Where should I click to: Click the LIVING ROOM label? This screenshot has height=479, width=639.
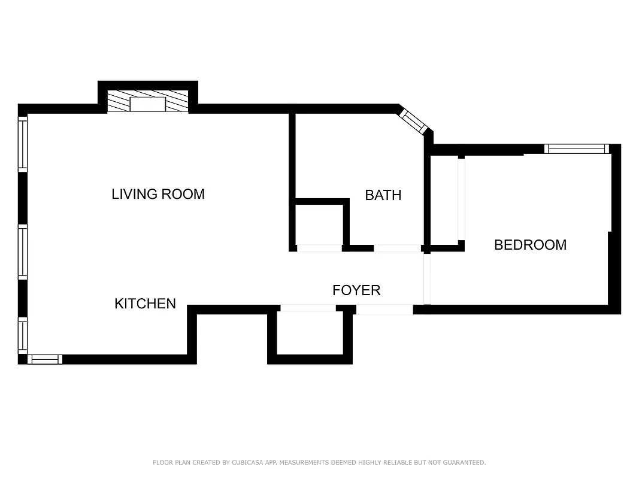[158, 194]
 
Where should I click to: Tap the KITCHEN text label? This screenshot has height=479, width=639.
[145, 304]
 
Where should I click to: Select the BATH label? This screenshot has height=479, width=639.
[383, 195]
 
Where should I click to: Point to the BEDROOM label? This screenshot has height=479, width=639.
[530, 244]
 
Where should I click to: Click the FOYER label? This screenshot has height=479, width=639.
[356, 290]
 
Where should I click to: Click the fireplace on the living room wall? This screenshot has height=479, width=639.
[147, 103]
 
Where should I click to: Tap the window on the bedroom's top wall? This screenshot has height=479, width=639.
[576, 149]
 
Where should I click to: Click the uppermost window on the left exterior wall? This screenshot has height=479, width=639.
[23, 144]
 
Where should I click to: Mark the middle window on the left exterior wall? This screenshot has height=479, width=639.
[23, 252]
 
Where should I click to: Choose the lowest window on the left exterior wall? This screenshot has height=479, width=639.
[23, 335]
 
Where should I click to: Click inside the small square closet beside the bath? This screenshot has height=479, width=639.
[319, 225]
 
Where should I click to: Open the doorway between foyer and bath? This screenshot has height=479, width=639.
[397, 248]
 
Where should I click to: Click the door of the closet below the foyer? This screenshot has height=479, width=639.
[308, 308]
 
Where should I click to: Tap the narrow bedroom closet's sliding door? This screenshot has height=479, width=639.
[461, 198]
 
